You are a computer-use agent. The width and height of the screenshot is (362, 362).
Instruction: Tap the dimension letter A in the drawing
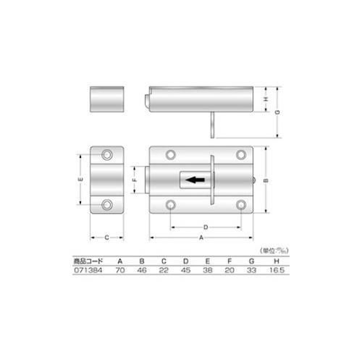[201, 238]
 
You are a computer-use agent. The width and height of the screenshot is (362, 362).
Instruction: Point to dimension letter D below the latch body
[206, 225]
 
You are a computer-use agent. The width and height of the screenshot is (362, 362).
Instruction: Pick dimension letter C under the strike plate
[107, 238]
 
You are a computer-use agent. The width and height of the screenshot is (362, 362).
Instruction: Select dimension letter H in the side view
[266, 98]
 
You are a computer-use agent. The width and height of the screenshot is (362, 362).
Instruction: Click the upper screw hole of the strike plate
[107, 154]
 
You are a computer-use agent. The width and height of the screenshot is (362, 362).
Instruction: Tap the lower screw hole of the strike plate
[107, 206]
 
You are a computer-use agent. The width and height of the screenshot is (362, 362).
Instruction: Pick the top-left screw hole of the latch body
[171, 154]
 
